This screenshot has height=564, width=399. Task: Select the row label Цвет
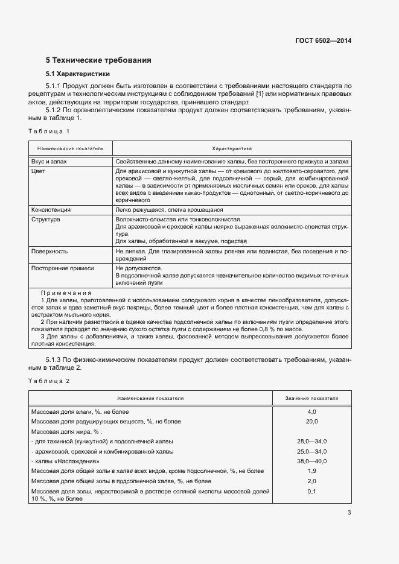click(x=38, y=172)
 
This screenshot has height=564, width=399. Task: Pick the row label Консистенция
click(x=51, y=209)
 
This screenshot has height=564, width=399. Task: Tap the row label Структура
click(x=45, y=220)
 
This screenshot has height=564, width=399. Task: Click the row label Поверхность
click(x=49, y=251)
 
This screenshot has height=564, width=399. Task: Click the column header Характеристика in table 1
click(x=232, y=148)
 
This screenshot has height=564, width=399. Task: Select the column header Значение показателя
click(x=311, y=399)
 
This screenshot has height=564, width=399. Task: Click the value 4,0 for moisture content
click(x=311, y=411)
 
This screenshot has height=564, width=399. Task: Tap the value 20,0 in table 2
click(x=311, y=421)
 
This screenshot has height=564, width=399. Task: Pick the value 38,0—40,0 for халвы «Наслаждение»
click(x=311, y=461)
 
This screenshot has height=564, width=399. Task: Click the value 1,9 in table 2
click(x=311, y=471)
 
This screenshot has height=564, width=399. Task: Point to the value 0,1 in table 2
click(x=311, y=492)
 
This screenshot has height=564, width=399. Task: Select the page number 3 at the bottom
click(x=349, y=513)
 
